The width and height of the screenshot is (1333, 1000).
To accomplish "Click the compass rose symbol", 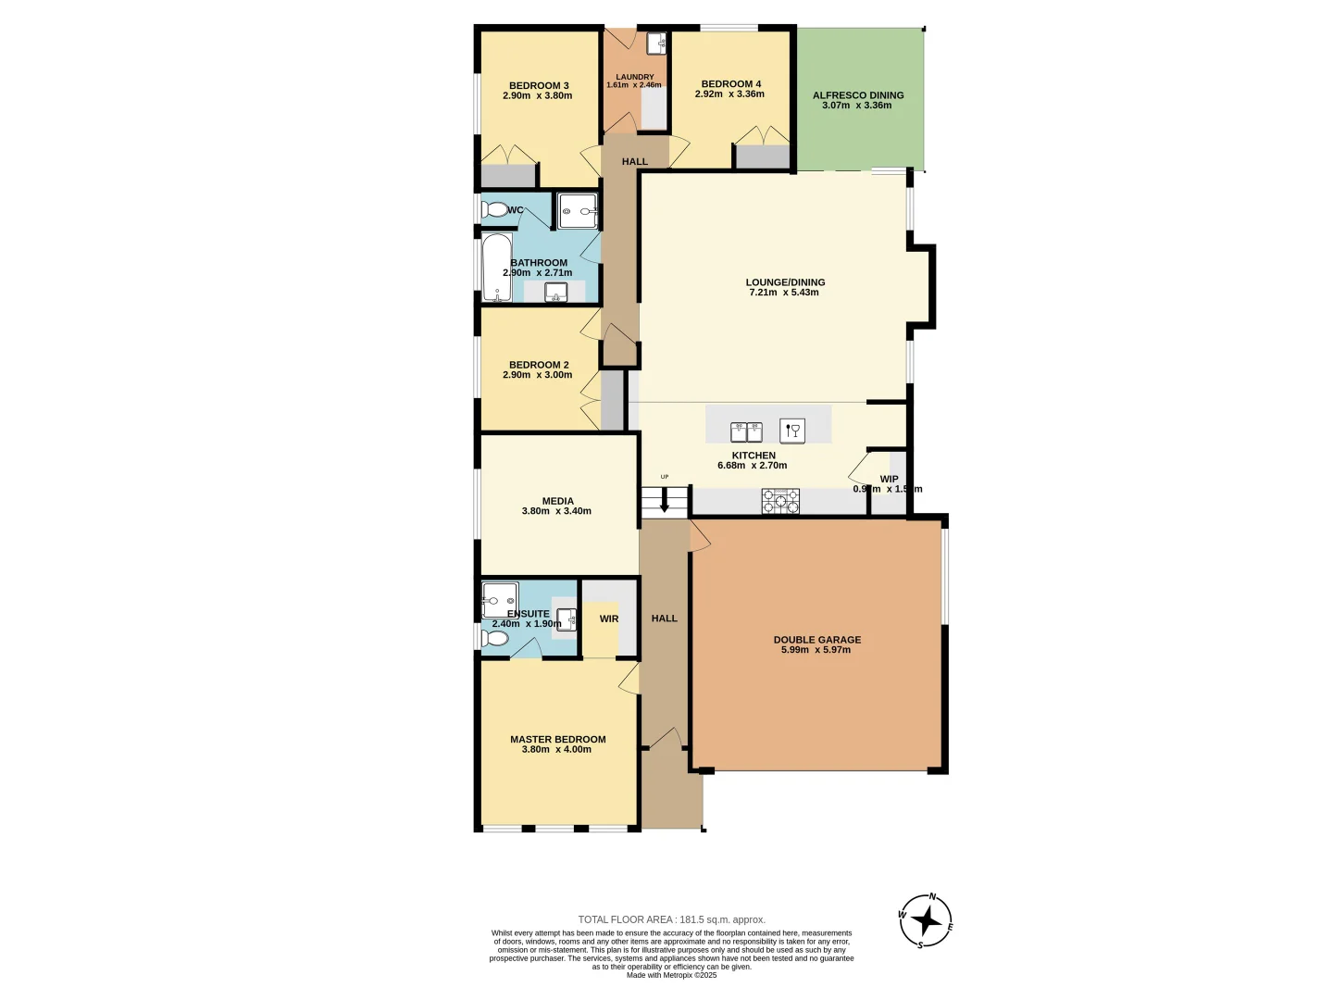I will click(x=926, y=921).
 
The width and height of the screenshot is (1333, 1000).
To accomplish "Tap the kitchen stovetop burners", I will click(x=780, y=501).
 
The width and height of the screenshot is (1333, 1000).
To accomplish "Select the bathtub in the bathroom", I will click(x=496, y=267).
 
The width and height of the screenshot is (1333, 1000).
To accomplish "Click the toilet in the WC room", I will click(x=494, y=210).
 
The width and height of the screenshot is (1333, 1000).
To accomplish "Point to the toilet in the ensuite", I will click(x=494, y=639).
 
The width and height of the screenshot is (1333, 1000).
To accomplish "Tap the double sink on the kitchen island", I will click(x=746, y=431).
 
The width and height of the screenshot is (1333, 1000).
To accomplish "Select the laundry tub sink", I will click(x=655, y=43).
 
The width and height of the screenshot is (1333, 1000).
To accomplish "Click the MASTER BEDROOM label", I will click(x=557, y=739).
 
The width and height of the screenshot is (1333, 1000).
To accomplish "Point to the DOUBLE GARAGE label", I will click(x=816, y=639).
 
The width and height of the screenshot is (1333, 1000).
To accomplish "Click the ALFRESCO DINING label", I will click(x=857, y=94).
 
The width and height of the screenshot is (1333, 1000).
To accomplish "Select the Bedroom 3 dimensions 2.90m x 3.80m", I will click(x=537, y=96).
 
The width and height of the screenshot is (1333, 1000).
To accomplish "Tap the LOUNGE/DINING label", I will click(x=785, y=282).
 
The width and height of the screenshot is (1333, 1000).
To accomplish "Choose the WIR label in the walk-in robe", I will click(x=608, y=619).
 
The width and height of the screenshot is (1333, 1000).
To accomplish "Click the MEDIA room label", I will click(x=557, y=501).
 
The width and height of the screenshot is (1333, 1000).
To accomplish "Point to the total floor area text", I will click(x=671, y=919).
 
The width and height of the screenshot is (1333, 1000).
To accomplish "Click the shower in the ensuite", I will click(x=500, y=600).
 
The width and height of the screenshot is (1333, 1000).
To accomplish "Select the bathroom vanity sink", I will click(x=555, y=293).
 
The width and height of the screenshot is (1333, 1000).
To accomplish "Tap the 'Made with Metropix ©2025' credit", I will click(x=671, y=975).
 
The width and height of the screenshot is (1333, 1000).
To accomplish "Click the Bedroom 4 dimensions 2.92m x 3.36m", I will click(x=729, y=94).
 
